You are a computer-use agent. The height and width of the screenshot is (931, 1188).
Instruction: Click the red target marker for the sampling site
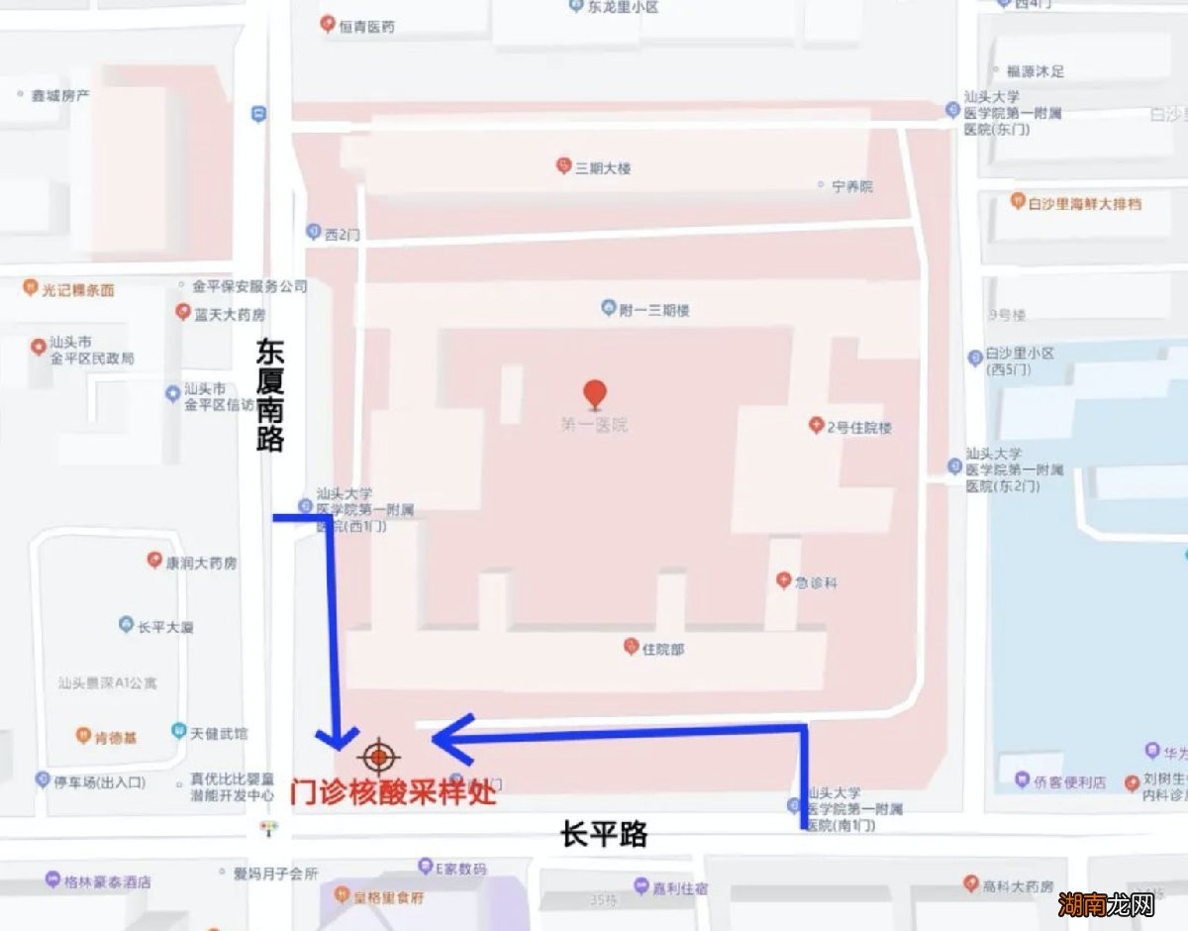[379, 758]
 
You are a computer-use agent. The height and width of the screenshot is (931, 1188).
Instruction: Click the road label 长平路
[604, 835]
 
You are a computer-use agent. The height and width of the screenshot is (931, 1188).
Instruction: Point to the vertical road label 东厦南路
[270, 395]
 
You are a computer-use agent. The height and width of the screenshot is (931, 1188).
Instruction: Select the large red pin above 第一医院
[594, 394]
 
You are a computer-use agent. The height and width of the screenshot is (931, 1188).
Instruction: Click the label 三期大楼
[603, 167]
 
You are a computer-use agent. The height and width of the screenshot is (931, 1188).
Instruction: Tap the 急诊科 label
[816, 582]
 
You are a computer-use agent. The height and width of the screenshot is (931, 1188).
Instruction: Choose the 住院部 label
[662, 650]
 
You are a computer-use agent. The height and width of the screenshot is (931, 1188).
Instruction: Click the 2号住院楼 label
[858, 427]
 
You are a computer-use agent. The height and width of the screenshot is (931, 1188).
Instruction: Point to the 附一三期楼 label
[653, 310]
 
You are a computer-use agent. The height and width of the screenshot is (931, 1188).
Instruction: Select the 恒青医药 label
[366, 27]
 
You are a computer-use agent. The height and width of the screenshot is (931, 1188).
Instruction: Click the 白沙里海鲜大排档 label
[1084, 203]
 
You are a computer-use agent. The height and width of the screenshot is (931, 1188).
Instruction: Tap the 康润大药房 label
[201, 563]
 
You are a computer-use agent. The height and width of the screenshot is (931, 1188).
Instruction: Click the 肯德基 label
[116, 737]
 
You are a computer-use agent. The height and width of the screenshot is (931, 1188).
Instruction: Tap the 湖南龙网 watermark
[1106, 903]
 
